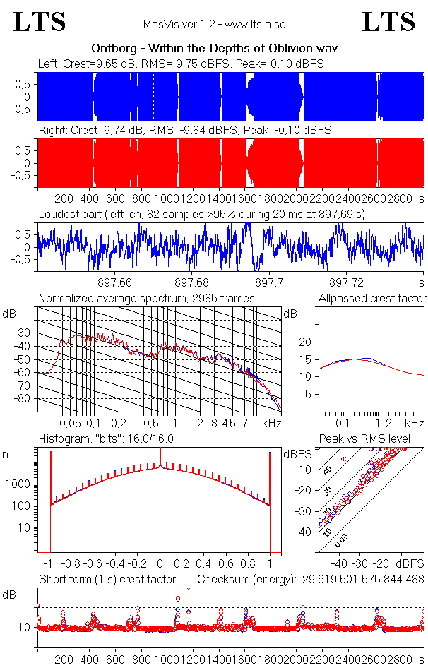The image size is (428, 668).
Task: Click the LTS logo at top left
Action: (x=40, y=22)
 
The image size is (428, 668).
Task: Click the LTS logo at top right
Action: (x=388, y=22)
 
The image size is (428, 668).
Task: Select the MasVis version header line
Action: (x=214, y=25)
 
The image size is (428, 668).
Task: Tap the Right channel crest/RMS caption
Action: (x=184, y=131)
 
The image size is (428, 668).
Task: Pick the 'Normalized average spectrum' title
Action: (x=146, y=299)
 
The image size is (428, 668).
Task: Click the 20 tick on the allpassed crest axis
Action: (x=305, y=342)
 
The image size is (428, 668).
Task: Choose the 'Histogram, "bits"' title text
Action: (x=106, y=439)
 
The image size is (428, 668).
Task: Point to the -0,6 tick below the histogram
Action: (x=94, y=564)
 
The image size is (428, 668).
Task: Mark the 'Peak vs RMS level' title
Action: (x=374, y=439)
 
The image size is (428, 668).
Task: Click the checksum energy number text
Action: (x=363, y=580)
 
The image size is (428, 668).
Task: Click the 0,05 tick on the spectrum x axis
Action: (x=71, y=423)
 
